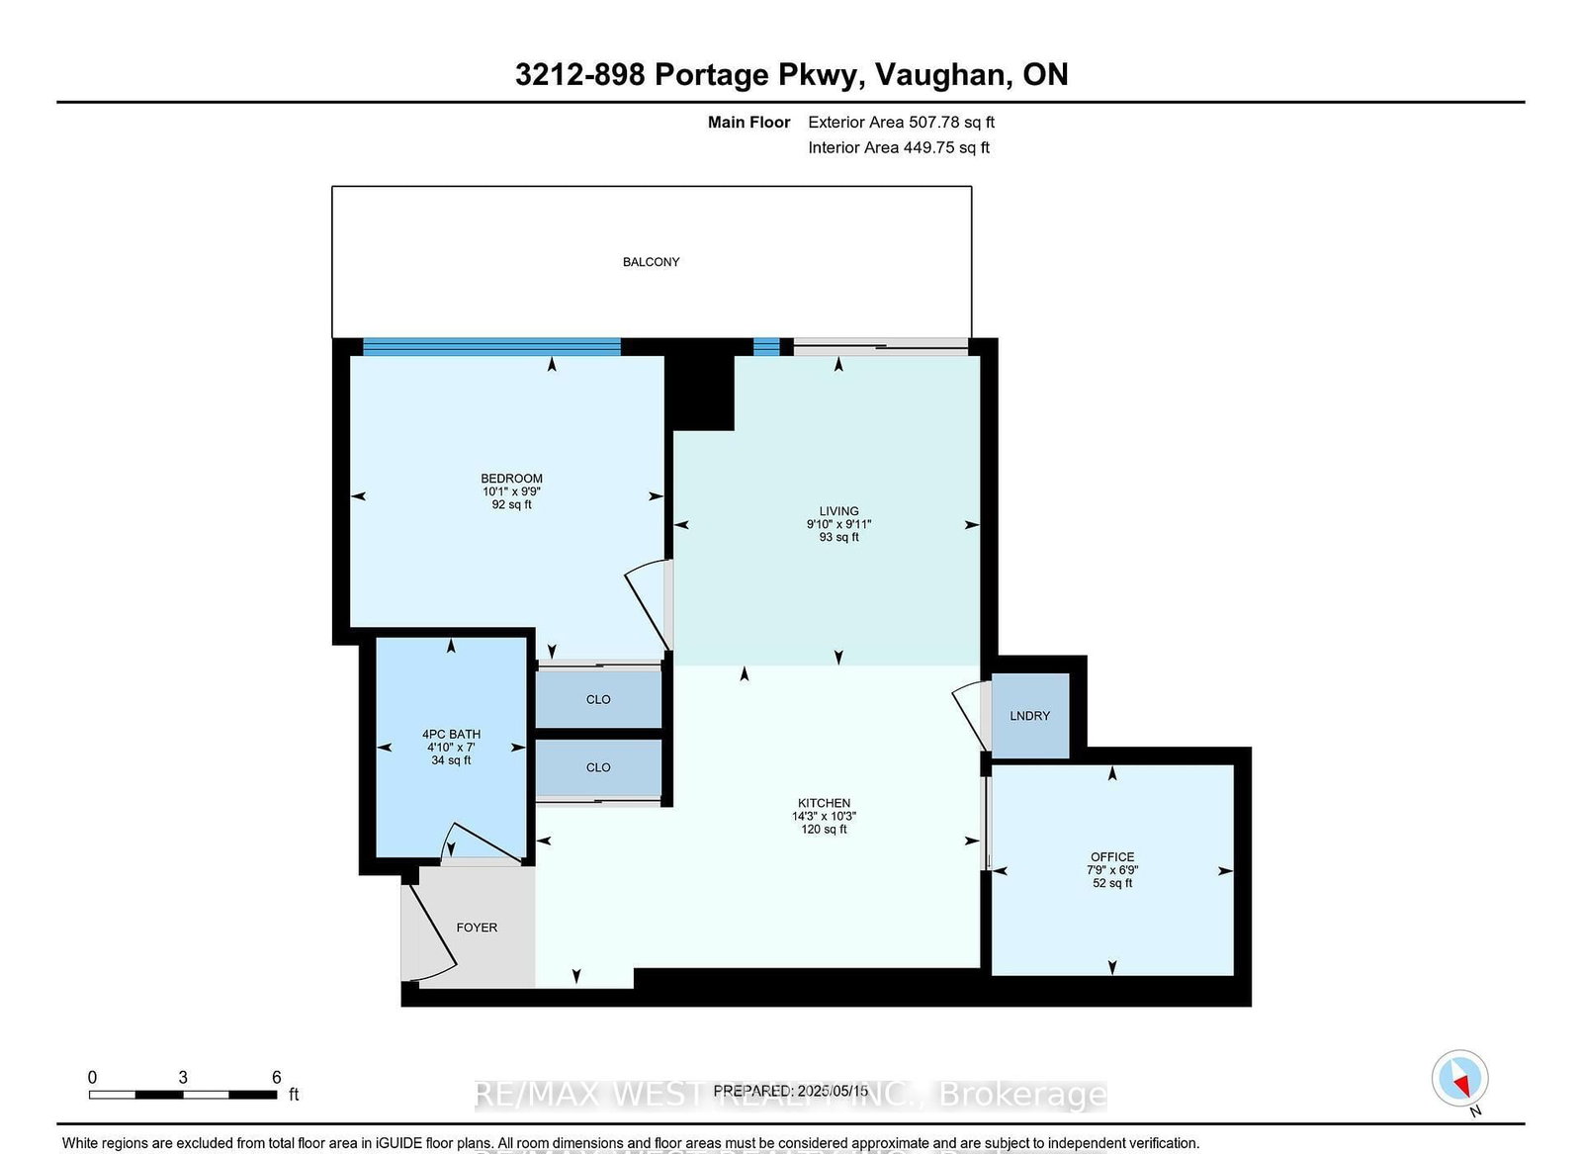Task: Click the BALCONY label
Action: click(x=651, y=262)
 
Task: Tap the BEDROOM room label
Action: click(x=511, y=479)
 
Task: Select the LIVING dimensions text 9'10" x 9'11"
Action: click(x=838, y=525)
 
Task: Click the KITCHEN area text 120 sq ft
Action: click(x=824, y=830)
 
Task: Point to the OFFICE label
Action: click(x=1112, y=857)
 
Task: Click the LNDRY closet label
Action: click(x=1029, y=716)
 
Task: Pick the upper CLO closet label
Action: click(x=598, y=699)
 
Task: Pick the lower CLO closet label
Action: click(x=598, y=767)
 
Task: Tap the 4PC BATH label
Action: click(x=451, y=735)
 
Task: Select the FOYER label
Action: click(x=477, y=928)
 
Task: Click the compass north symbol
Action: click(x=1459, y=1079)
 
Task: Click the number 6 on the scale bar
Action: click(x=277, y=1078)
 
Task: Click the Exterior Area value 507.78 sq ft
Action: click(x=944, y=123)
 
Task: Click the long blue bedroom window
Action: click(x=491, y=347)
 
